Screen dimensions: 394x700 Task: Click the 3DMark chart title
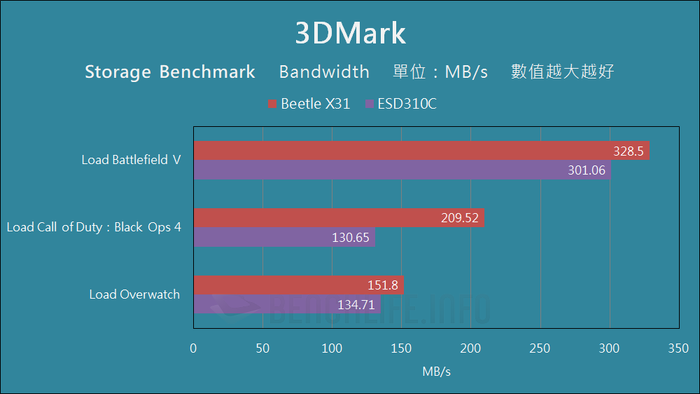tap(350, 34)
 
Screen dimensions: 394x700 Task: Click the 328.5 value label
tap(628, 151)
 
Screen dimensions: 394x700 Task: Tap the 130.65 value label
tap(350, 238)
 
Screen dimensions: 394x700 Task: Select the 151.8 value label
tap(383, 285)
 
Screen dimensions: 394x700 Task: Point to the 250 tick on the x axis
tap(540, 348)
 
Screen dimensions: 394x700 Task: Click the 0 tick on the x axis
tap(194, 348)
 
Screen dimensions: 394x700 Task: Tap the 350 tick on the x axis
tap(678, 348)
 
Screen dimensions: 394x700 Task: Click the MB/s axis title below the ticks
tap(436, 372)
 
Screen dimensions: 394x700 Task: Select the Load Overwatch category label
tap(134, 294)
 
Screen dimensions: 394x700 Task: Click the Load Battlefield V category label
tap(131, 160)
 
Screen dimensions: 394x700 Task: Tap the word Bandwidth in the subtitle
tap(324, 72)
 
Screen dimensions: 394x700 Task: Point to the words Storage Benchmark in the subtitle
tap(170, 72)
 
